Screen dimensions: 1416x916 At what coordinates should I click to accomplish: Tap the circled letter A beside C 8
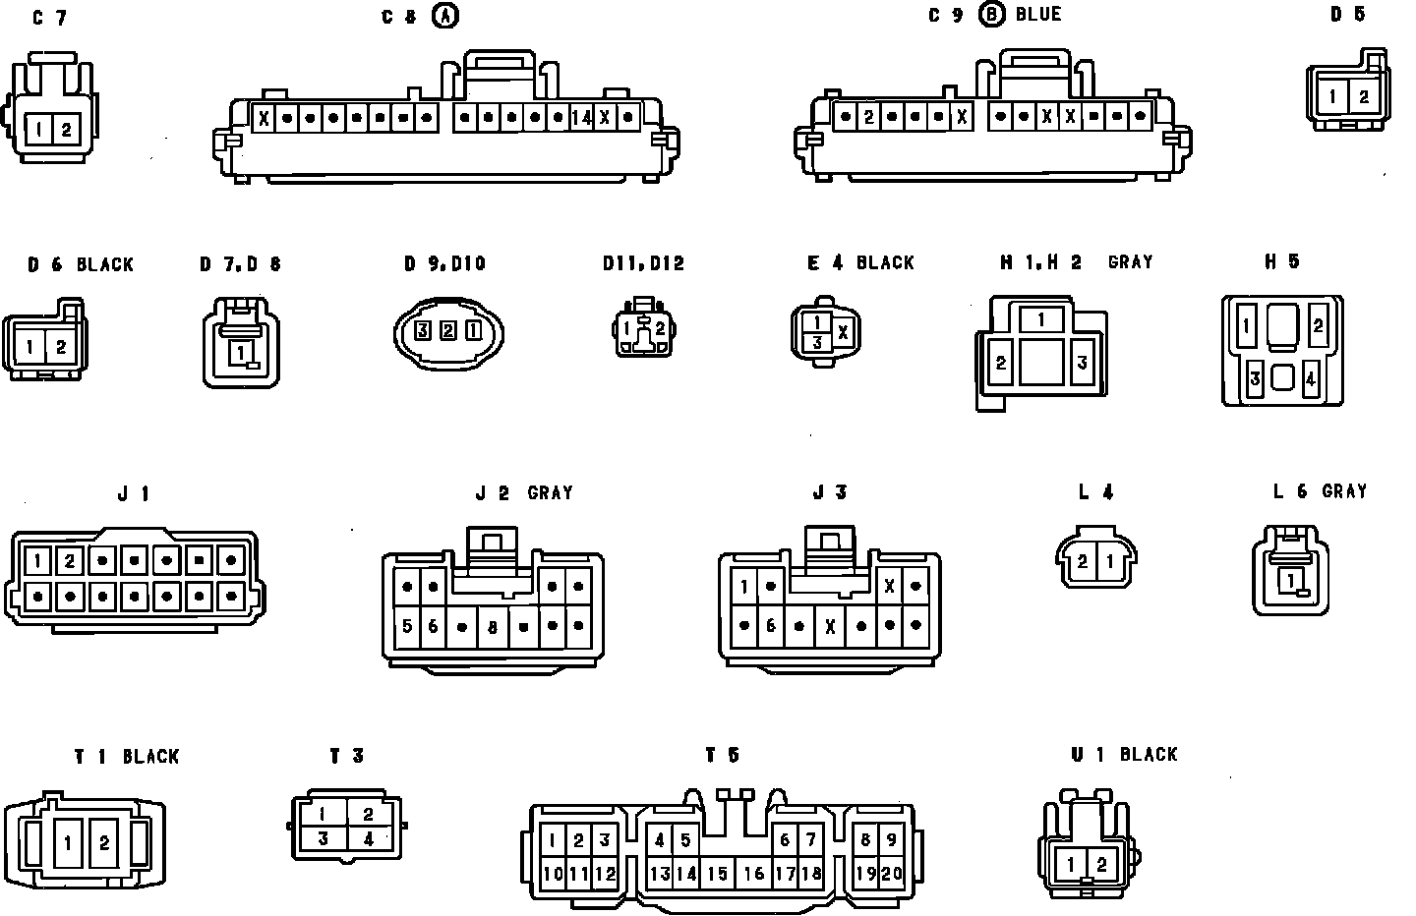click(x=446, y=16)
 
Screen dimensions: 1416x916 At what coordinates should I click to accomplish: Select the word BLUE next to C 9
click(x=1038, y=15)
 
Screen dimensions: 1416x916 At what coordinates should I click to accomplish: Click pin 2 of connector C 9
click(x=868, y=117)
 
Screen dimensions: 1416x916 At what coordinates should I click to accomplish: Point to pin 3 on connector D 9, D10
click(x=422, y=330)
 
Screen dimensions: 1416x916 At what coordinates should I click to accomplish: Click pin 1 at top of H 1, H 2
click(x=1041, y=319)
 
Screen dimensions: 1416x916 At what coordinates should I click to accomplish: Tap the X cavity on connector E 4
click(x=843, y=332)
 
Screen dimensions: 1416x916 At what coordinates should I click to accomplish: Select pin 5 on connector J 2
click(x=407, y=626)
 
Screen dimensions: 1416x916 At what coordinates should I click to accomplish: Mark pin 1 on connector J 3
click(x=745, y=588)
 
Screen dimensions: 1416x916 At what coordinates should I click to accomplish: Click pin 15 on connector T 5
click(x=718, y=874)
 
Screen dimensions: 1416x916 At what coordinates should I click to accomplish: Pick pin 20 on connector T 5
click(x=892, y=873)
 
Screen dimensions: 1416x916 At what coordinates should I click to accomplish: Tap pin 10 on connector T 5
click(x=553, y=873)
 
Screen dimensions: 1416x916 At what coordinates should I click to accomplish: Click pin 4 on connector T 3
click(x=368, y=839)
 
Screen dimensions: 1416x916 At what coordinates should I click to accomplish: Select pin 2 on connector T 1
click(x=103, y=843)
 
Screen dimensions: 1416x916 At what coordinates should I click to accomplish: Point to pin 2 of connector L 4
click(x=1082, y=562)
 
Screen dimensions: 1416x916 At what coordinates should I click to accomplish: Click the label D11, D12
click(x=643, y=263)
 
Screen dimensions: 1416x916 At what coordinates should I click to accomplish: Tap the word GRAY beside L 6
click(x=1343, y=491)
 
